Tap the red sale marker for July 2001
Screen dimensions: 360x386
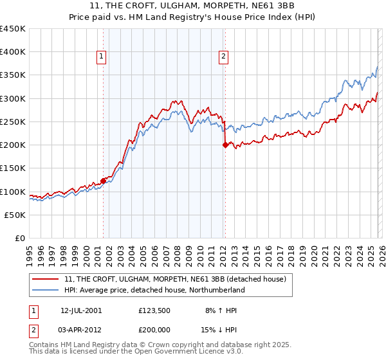point(103,181)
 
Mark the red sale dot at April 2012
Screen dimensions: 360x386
point(225,145)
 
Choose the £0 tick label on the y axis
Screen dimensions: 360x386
point(21,238)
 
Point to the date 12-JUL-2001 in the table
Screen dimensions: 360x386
point(81,310)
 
